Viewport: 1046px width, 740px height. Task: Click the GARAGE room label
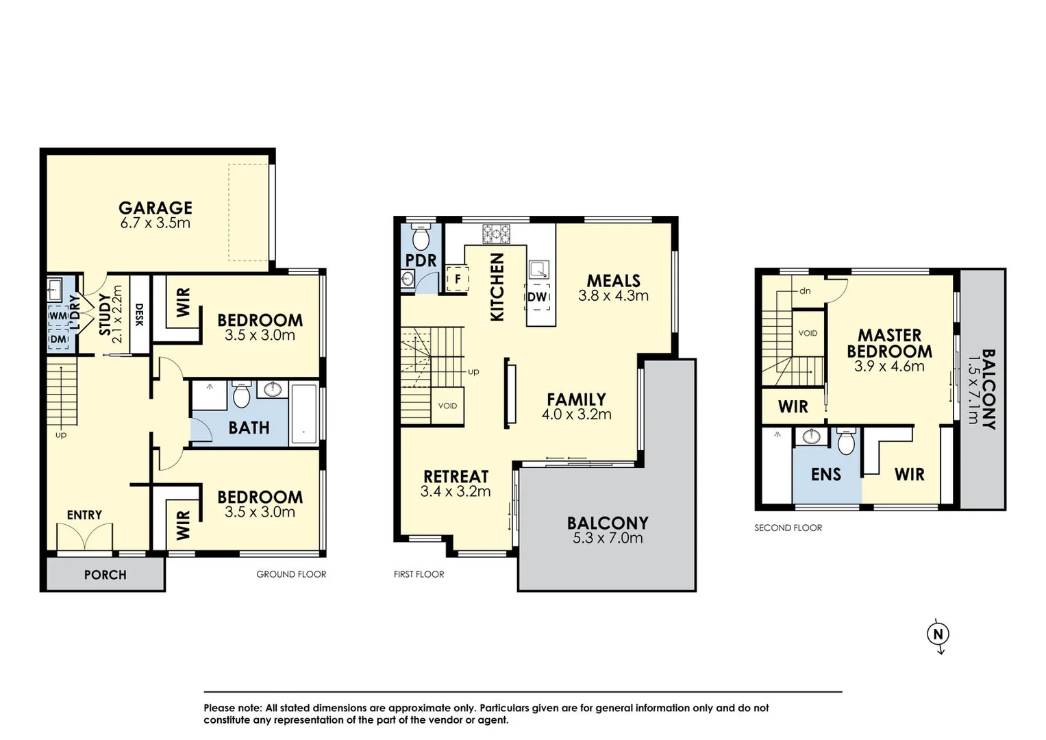pos(155,208)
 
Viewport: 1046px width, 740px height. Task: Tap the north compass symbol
pos(938,634)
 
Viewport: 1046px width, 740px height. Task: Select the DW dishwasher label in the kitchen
pos(537,297)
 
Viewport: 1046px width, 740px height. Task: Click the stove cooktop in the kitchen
pos(496,234)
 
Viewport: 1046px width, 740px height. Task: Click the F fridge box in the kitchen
pos(458,280)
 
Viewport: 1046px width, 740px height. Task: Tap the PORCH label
pos(105,575)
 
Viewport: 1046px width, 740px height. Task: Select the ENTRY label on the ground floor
pos(84,515)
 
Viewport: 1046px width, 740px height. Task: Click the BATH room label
pos(249,428)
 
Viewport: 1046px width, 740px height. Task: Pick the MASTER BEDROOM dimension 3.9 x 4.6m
pos(889,367)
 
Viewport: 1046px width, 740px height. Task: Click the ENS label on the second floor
pos(825,474)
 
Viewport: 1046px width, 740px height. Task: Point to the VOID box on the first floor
pos(447,406)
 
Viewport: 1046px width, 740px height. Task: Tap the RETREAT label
pos(456,476)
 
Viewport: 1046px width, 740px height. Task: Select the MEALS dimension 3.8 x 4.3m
pos(613,296)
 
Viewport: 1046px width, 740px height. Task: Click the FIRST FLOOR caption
pos(419,574)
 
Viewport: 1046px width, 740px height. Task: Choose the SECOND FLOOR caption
pos(788,528)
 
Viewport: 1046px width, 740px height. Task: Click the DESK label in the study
pos(140,314)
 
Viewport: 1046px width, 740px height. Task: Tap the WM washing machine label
pos(58,315)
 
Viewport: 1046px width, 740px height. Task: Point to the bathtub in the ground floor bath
pos(304,415)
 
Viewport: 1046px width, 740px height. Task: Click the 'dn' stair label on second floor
pos(805,291)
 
